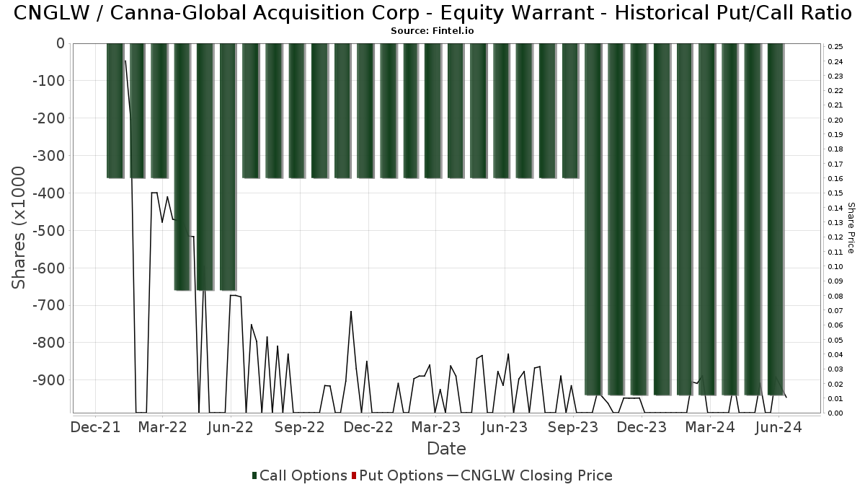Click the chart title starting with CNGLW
tap(432, 12)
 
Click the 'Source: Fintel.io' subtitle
tap(432, 31)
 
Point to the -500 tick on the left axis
tap(48, 231)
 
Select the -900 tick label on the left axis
tap(48, 380)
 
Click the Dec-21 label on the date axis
tap(95, 428)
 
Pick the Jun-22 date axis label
tap(230, 428)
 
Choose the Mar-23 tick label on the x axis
tap(435, 428)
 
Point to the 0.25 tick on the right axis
tap(836, 47)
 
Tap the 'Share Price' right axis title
tap(851, 227)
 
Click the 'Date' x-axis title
tap(446, 449)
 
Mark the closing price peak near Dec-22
tap(351, 312)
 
